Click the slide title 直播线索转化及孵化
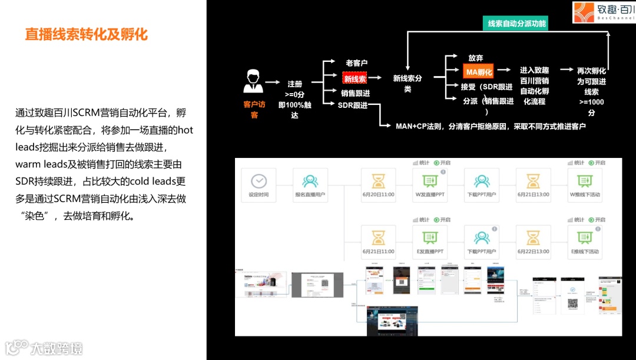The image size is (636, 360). [x=86, y=34]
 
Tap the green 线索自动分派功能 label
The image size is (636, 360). [x=517, y=24]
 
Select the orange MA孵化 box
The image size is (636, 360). [x=478, y=72]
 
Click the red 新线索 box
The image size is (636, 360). [x=355, y=78]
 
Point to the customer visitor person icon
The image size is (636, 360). [x=253, y=81]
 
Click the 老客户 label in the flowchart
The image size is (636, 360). [x=356, y=62]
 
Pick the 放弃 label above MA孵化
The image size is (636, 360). [x=476, y=58]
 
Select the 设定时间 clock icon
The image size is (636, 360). [x=259, y=181]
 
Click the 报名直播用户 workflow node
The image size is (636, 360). [x=310, y=181]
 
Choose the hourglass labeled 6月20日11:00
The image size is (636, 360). [x=378, y=181]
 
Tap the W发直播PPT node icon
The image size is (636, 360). [x=430, y=181]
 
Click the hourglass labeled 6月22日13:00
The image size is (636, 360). [x=533, y=237]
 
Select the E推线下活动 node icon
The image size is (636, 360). [x=585, y=237]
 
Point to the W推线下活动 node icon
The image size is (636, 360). [x=585, y=181]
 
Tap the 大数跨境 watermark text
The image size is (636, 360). [x=57, y=348]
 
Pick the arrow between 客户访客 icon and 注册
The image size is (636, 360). [x=272, y=83]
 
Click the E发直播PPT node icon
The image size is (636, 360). [x=430, y=237]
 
